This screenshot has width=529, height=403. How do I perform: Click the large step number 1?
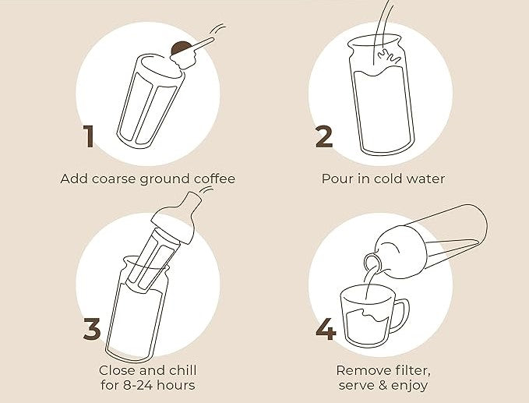pos(90,136)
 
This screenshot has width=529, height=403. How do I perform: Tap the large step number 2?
pos(324,136)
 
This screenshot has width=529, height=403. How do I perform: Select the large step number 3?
pos(92,329)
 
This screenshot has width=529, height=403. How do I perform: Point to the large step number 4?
pos(325,329)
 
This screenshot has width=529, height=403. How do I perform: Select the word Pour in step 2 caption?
pos(336,179)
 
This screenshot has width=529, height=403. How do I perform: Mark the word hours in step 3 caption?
pos(177,385)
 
